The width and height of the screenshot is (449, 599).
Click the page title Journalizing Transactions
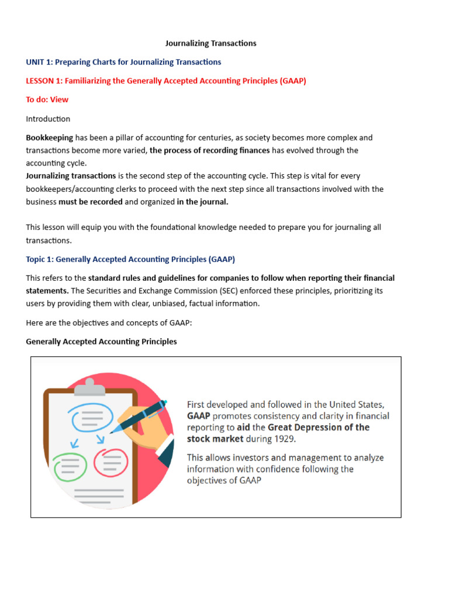click(x=210, y=43)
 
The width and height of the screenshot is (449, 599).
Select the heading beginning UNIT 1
click(x=123, y=61)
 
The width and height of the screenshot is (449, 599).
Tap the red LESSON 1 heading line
click(x=166, y=81)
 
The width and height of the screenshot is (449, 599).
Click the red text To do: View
click(x=47, y=99)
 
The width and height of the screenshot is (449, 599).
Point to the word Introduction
click(x=48, y=119)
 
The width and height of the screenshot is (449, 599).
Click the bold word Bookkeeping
click(x=50, y=138)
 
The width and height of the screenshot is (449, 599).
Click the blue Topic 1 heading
click(x=130, y=259)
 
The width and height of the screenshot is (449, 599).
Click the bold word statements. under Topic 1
click(x=47, y=291)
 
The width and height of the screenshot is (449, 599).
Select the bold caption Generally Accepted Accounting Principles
click(x=101, y=341)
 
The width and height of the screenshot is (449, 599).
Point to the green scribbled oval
click(x=68, y=465)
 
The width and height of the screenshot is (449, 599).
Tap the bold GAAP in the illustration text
click(x=198, y=416)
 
